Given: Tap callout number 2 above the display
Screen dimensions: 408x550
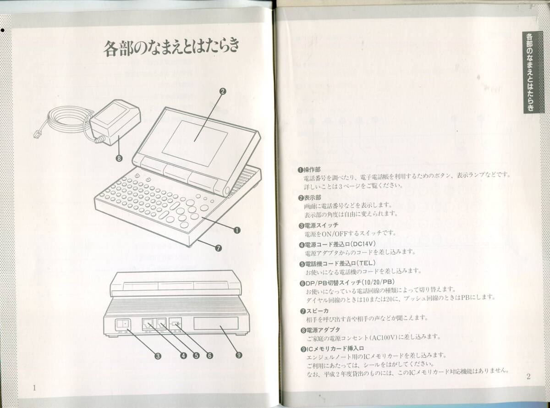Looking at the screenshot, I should (223, 91).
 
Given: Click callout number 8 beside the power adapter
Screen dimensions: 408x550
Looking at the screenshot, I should (120, 159).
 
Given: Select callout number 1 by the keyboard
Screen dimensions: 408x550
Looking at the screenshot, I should (237, 231).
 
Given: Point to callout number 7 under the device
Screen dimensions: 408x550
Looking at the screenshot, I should (218, 248).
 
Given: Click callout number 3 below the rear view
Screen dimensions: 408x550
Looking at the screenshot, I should (157, 354).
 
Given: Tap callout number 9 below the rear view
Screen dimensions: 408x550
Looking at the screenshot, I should (239, 354).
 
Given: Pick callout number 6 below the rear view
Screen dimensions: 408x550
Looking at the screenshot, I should (209, 354).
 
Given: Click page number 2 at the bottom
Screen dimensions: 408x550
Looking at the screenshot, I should (528, 377).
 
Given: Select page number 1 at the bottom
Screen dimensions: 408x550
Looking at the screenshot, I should (34, 388).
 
